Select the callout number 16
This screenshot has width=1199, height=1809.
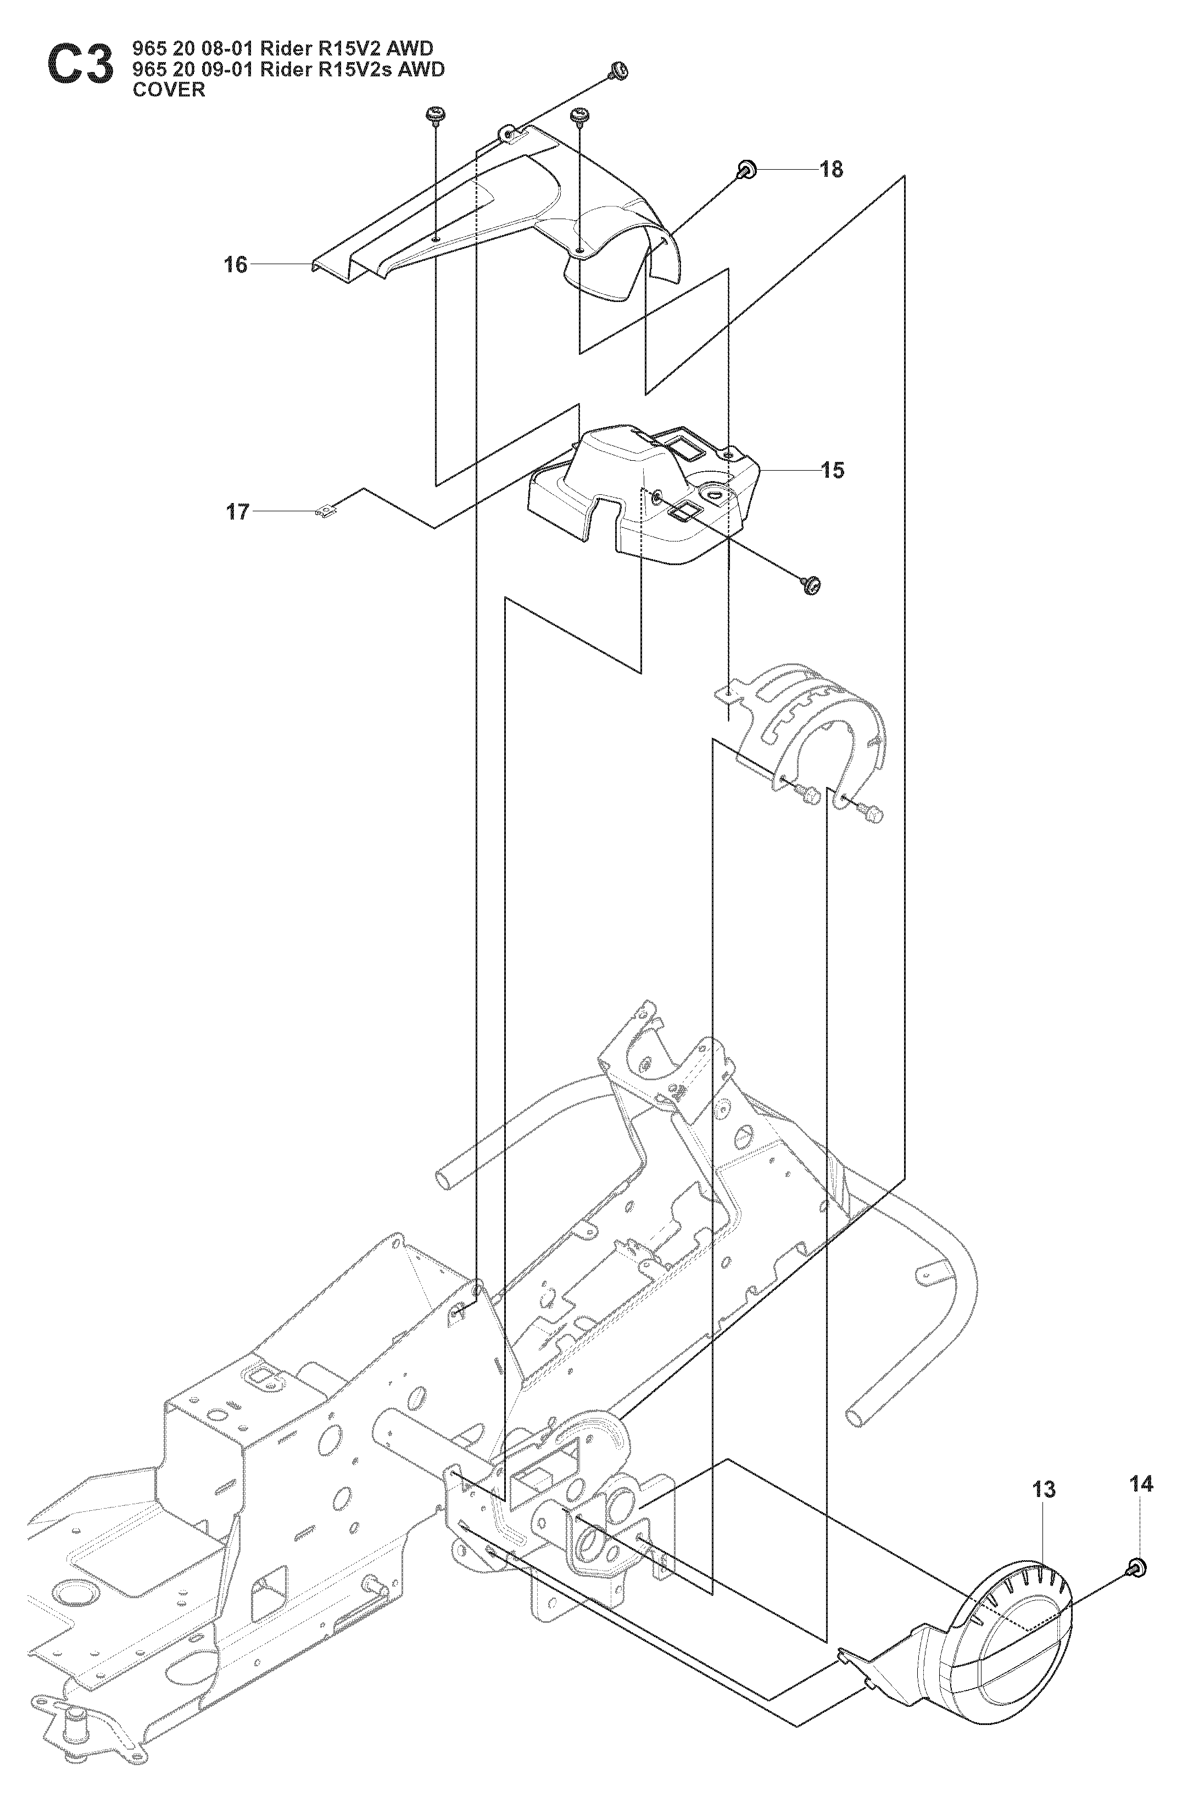tap(236, 265)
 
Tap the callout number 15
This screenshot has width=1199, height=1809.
tap(833, 470)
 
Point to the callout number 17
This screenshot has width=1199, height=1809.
tap(238, 511)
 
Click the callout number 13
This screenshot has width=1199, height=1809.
tap(1043, 1489)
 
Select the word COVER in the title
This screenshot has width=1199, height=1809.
tap(169, 90)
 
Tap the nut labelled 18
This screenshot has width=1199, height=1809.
tap(745, 170)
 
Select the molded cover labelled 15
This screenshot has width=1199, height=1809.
tap(650, 497)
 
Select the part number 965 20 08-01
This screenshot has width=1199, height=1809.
tap(193, 49)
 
